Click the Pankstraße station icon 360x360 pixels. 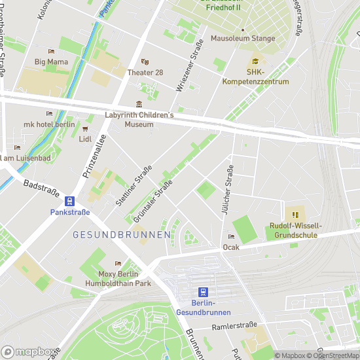click(69, 201)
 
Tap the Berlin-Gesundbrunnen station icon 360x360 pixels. click(204, 292)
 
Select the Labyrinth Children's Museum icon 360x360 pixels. click(138, 105)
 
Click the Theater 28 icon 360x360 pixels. click(145, 62)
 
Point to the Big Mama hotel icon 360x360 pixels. click(51, 51)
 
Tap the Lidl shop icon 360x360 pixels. click(86, 128)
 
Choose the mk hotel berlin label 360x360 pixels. click(49, 124)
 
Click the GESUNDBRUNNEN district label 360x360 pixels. click(122, 234)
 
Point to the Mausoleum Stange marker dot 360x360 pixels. click(243, 29)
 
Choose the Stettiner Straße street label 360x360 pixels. click(134, 187)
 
